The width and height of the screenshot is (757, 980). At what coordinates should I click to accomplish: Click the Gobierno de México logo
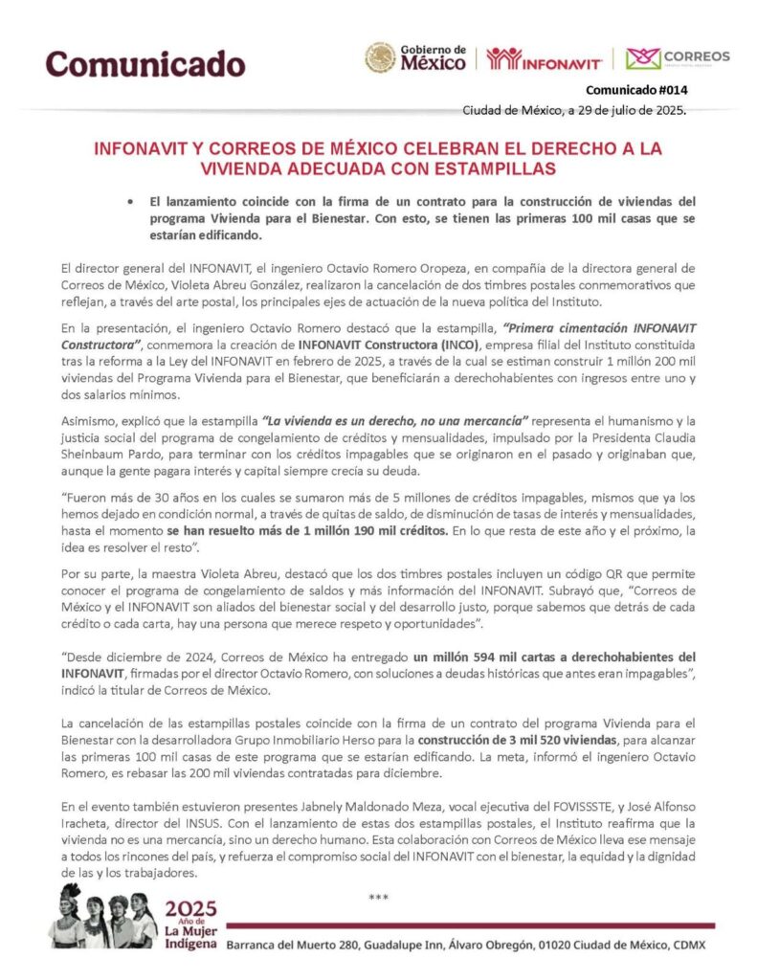tap(416, 57)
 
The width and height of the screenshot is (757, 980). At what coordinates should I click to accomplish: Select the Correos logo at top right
tap(678, 57)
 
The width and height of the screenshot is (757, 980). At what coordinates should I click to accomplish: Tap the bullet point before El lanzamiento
tap(128, 202)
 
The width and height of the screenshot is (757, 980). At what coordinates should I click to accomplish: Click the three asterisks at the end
tap(379, 897)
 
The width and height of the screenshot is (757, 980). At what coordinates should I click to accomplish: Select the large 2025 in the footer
tap(190, 909)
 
